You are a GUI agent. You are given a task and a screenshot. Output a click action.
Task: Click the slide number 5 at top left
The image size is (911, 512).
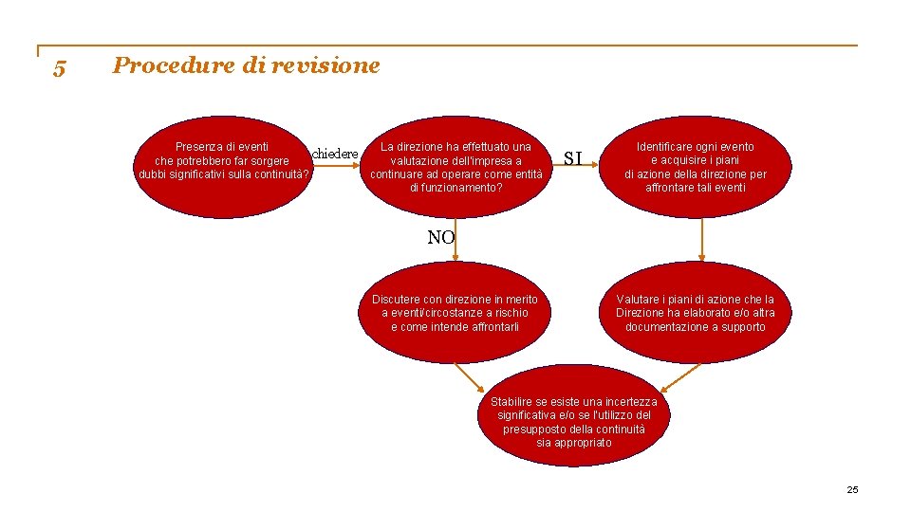point(59,68)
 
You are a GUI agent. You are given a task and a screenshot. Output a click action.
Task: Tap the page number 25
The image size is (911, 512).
point(851,489)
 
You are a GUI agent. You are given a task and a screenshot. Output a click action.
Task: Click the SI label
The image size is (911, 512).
point(573,157)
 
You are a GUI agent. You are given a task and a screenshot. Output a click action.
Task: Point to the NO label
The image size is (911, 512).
point(440,237)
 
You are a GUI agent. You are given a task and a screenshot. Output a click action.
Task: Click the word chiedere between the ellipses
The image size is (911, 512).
point(335,154)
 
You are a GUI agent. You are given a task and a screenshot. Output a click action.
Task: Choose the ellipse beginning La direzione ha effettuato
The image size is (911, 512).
point(456,167)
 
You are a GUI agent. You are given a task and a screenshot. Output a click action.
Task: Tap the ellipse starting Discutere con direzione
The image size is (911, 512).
point(455,314)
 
